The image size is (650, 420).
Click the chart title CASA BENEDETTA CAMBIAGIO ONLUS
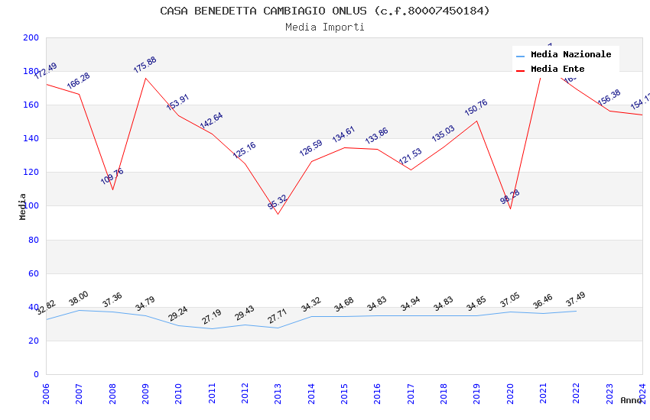coord(325,11)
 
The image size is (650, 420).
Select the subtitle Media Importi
coord(325,27)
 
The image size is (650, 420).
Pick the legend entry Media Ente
coord(557,69)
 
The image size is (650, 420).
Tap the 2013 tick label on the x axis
coord(278,393)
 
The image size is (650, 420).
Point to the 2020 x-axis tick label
coord(510,393)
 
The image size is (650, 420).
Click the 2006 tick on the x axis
coord(46,393)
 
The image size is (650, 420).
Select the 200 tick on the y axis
coord(31,38)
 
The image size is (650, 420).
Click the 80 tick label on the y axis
coord(34,240)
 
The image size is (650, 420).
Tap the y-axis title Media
coord(23,206)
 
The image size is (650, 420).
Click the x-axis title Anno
coord(631,400)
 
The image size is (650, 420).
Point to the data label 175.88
coord(145,65)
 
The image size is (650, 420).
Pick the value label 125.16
coord(245,150)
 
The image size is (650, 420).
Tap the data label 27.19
coord(212,317)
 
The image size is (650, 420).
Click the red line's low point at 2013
coord(278,214)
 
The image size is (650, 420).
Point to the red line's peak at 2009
coord(145,78)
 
